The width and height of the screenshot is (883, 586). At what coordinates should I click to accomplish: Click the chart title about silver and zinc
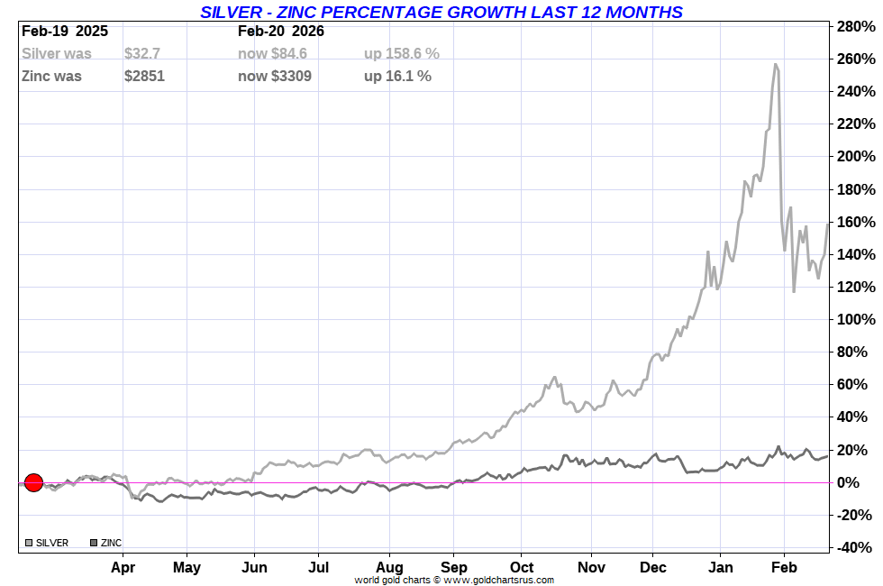point(441,12)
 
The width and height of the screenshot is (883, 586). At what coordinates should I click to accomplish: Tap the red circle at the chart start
point(33,482)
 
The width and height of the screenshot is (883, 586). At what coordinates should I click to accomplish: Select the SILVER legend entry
point(47,543)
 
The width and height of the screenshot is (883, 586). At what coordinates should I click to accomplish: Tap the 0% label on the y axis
point(861,482)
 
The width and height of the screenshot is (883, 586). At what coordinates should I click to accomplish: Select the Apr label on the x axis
point(123,568)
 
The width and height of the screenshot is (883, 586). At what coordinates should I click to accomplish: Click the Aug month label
point(389,568)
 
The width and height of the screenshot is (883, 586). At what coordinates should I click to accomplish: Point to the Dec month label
point(653,568)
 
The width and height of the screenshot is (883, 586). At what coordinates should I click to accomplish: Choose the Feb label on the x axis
point(784,568)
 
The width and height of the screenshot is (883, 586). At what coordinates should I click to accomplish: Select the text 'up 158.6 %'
point(402,54)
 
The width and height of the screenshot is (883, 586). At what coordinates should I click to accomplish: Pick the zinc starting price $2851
point(144,76)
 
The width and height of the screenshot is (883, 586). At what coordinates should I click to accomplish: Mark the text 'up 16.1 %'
point(397,76)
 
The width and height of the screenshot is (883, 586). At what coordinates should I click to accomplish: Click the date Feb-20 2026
point(281,31)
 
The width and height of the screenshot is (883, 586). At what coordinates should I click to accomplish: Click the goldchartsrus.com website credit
point(454,580)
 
